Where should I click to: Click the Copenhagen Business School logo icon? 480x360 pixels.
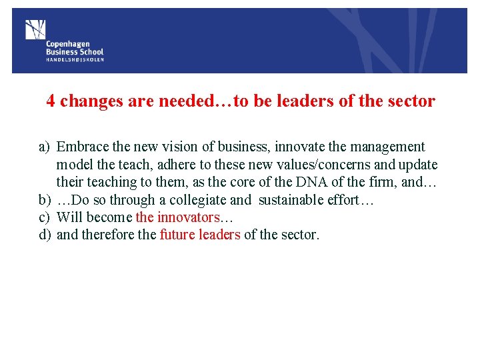click(x=35, y=29)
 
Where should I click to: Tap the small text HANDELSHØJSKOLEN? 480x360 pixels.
click(x=75, y=59)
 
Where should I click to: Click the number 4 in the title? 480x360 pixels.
click(x=51, y=101)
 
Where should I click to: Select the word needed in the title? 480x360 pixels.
click(x=187, y=101)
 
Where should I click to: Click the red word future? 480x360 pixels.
click(x=177, y=234)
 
